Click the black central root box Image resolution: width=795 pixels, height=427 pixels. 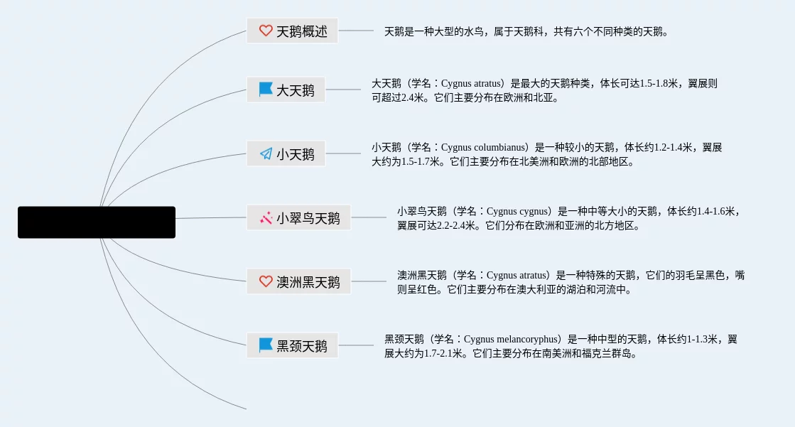97,222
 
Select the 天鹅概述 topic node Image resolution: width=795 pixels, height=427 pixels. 292,31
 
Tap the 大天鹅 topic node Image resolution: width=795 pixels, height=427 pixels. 286,90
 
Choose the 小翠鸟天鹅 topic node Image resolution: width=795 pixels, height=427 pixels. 298,218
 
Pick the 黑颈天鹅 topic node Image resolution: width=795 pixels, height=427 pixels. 292,346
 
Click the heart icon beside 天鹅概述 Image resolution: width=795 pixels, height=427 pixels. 266,31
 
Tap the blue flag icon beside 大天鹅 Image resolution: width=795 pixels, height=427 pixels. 266,90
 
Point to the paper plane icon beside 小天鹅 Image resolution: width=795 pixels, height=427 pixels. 266,153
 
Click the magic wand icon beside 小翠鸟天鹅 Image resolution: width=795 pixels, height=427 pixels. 266,218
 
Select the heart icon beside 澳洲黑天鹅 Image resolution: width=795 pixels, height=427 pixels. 266,282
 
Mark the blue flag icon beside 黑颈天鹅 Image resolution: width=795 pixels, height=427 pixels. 266,346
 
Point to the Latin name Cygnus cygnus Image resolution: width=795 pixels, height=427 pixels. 518,212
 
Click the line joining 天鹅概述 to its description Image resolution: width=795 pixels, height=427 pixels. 355,31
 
